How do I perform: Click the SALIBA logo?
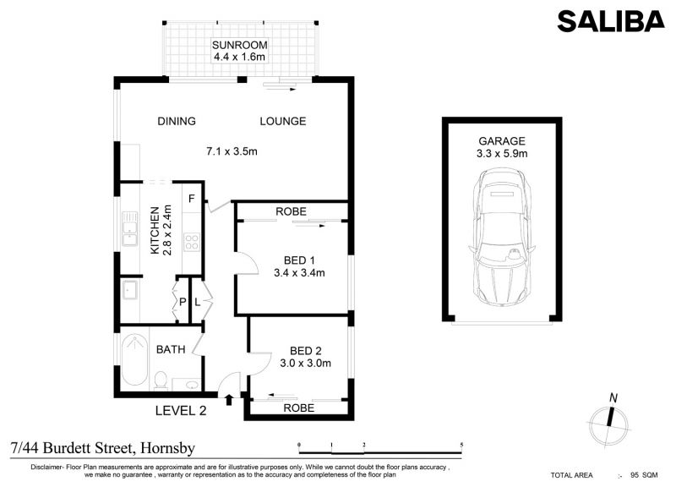[x=611, y=21]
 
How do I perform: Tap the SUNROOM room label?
[x=239, y=45]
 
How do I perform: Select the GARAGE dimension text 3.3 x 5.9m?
[x=502, y=153]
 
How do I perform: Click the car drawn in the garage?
[x=502, y=238]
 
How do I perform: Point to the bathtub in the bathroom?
[x=134, y=361]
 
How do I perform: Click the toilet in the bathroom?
[x=161, y=380]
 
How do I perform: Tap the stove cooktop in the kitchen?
[x=192, y=242]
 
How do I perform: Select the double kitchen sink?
[x=129, y=228]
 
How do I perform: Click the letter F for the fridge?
[x=192, y=199]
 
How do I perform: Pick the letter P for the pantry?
[x=183, y=302]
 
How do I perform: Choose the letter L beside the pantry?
[x=197, y=302]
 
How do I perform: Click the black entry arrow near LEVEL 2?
[x=229, y=399]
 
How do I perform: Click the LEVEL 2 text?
[x=181, y=411]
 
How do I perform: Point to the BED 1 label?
[x=299, y=260]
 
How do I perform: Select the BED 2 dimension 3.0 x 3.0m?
[x=305, y=364]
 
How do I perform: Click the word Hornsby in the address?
[x=167, y=449]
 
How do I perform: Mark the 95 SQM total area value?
[x=644, y=475]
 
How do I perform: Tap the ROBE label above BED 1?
[x=291, y=211]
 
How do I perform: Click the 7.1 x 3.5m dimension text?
[x=232, y=151]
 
